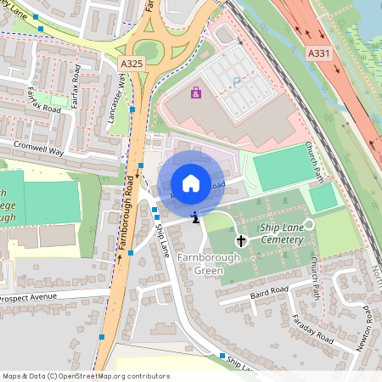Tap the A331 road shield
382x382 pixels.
(318, 53)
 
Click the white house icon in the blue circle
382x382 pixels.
(191, 183)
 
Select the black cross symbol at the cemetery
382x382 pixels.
(240, 241)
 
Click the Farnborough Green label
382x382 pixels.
(200, 264)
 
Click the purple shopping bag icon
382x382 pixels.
(197, 93)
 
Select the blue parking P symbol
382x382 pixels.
(236, 82)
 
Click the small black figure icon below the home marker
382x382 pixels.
(196, 218)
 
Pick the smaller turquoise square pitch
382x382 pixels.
(323, 198)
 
